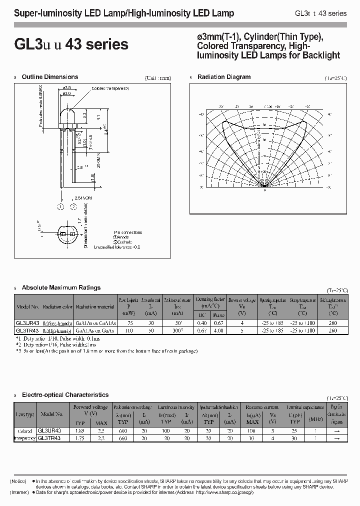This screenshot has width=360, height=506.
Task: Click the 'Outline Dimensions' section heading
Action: pyautogui.click(x=50, y=77)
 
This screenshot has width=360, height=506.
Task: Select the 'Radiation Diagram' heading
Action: pyautogui.click(x=224, y=77)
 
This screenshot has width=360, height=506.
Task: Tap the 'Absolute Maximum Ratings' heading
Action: pyautogui.click(x=61, y=287)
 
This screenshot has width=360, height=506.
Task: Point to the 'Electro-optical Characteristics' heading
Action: pyautogui.click(x=65, y=395)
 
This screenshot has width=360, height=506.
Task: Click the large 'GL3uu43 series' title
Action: pyautogui.click(x=71, y=44)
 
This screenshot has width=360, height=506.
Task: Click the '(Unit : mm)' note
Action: pyautogui.click(x=157, y=78)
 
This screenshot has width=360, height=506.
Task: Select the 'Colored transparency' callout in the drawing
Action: pyautogui.click(x=110, y=88)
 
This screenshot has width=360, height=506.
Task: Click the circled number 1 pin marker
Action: pyautogui.click(x=60, y=206)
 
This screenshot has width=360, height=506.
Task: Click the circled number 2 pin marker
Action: pyautogui.click(x=73, y=206)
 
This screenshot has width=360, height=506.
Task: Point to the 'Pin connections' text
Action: pyautogui.click(x=128, y=232)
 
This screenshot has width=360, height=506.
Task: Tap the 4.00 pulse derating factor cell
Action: pyautogui.click(x=217, y=330)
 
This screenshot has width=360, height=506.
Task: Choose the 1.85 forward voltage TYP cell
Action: pyautogui.click(x=79, y=430)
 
